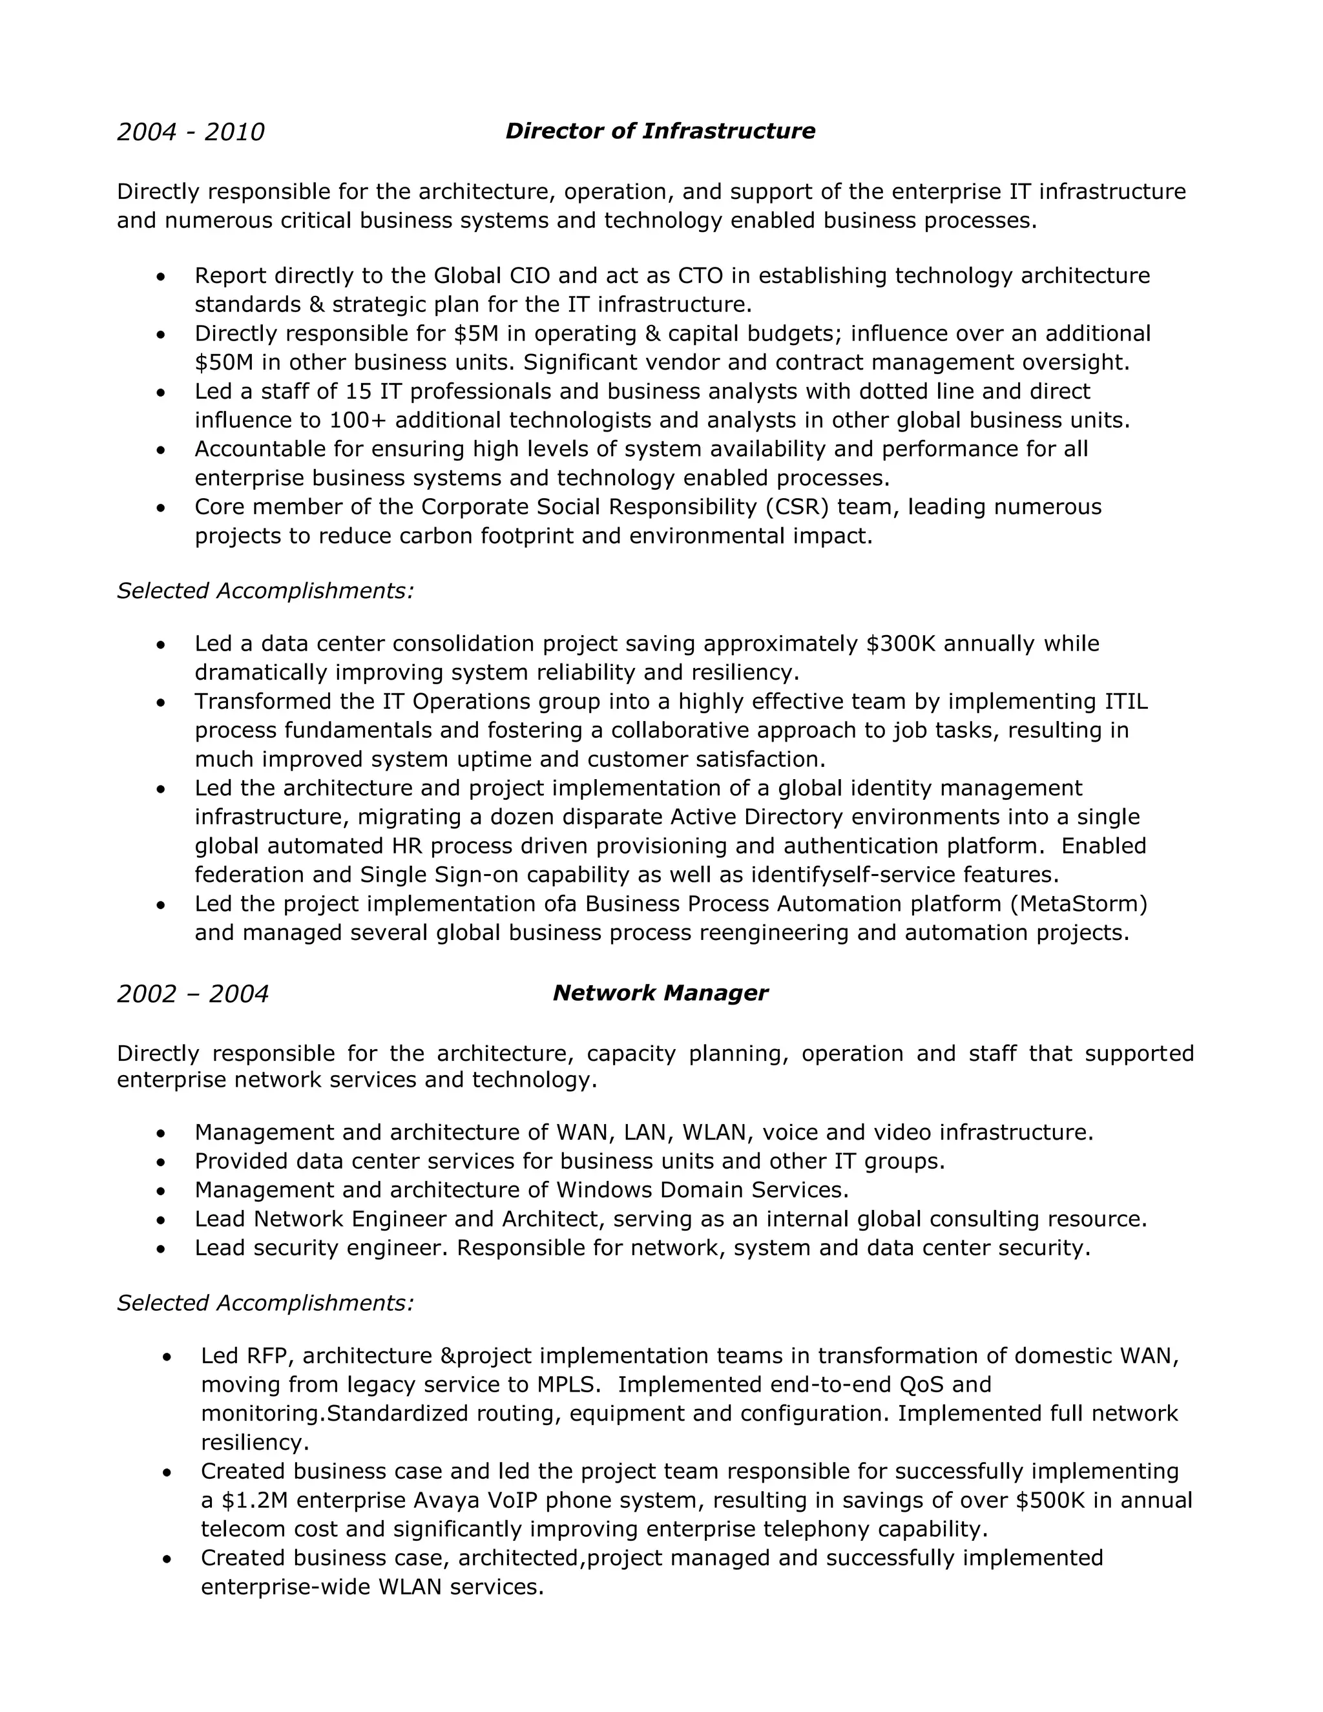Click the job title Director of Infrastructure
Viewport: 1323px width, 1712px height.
coord(660,131)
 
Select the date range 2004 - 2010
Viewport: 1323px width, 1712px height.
coord(191,132)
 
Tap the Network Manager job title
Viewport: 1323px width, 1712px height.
coord(660,993)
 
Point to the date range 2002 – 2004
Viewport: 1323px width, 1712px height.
coord(192,994)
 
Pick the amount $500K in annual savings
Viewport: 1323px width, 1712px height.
coord(1050,1500)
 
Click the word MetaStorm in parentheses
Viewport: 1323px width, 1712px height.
coord(1079,904)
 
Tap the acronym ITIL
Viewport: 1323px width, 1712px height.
coord(1125,701)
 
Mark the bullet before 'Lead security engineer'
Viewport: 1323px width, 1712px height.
coord(161,1249)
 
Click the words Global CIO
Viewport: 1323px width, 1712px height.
coord(492,276)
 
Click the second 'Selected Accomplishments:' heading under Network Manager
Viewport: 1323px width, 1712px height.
coord(265,1303)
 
